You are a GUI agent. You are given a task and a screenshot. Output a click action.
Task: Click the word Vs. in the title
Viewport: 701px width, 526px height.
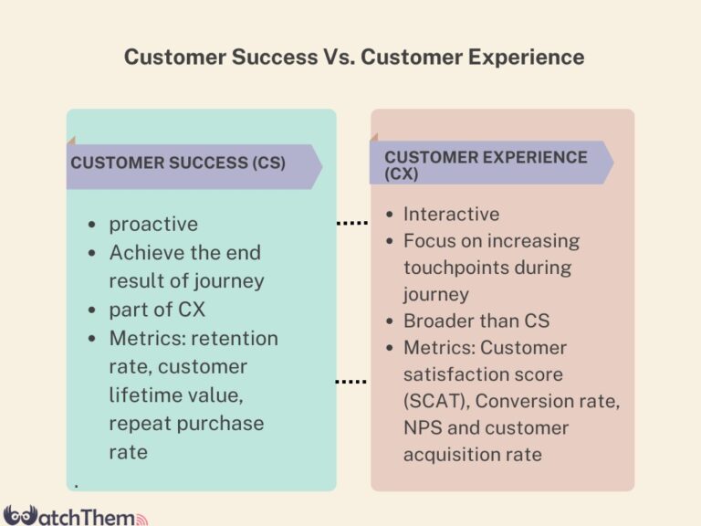pos(336,57)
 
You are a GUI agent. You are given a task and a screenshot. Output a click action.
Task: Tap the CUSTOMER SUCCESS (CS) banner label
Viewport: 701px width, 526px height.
pos(178,163)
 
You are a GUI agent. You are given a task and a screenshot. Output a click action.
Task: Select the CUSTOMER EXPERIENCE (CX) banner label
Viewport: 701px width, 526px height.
pos(485,164)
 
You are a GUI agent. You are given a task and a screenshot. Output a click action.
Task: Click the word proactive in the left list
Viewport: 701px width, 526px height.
pos(153,224)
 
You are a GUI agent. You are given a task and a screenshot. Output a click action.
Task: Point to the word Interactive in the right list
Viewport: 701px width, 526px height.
pos(452,214)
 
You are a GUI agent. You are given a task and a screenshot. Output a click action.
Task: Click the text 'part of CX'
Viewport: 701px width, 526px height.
pos(157,310)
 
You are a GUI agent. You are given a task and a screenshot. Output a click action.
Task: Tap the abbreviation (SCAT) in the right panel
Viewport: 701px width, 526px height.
pos(435,401)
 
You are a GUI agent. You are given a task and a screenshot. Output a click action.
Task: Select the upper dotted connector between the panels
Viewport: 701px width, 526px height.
pos(352,223)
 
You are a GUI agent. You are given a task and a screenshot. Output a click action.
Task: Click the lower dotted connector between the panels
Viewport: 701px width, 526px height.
pos(352,381)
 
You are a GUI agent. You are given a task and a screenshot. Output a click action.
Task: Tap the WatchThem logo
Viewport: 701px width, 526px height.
pos(73,514)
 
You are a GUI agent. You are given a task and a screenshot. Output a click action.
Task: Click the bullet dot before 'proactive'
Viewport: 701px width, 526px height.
pos(92,225)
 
